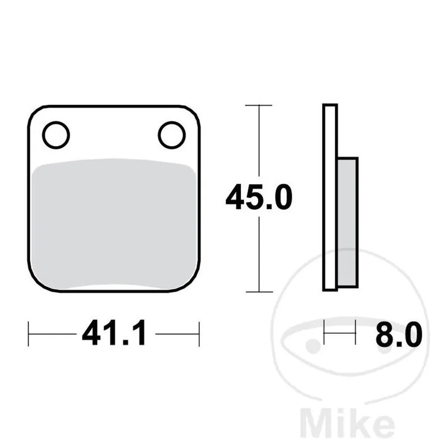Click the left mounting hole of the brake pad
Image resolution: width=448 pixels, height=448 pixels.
click(x=55, y=135)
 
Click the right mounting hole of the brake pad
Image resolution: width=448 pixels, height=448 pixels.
click(x=171, y=135)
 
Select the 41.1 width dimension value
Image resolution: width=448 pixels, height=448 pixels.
click(x=114, y=334)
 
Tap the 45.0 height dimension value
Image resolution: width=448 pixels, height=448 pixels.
click(x=259, y=199)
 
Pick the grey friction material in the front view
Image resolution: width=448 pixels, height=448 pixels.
click(x=114, y=224)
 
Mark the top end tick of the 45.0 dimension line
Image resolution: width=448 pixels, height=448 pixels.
click(x=259, y=105)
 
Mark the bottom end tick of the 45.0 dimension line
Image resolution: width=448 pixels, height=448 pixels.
click(x=259, y=292)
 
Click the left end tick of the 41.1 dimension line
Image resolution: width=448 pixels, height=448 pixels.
click(x=29, y=334)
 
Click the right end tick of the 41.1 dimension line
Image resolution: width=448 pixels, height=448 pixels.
click(x=199, y=334)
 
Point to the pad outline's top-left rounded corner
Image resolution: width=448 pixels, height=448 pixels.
click(x=35, y=111)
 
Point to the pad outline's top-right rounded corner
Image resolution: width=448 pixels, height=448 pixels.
click(x=194, y=111)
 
